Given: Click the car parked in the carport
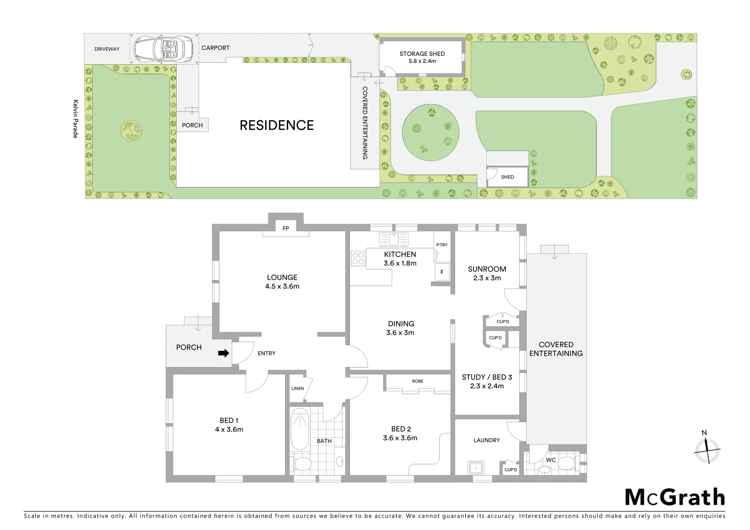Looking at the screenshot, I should click(164, 48).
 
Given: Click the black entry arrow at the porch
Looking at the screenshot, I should click(223, 353).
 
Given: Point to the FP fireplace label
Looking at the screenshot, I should click(285, 228).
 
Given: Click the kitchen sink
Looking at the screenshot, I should click(394, 239).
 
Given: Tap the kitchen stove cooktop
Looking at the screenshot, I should click(358, 258).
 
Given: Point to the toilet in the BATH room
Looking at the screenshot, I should click(301, 464).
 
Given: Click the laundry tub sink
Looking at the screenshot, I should click(475, 468).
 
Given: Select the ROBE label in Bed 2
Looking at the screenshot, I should click(418, 381).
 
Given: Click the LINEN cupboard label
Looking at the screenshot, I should click(297, 388).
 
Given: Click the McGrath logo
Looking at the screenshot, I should click(674, 497).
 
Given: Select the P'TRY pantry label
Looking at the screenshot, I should click(442, 245).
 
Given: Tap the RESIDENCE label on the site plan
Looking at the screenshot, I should click(276, 126).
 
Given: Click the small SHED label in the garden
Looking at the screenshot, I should click(508, 177).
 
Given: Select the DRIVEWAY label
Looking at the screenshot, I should click(107, 49).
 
